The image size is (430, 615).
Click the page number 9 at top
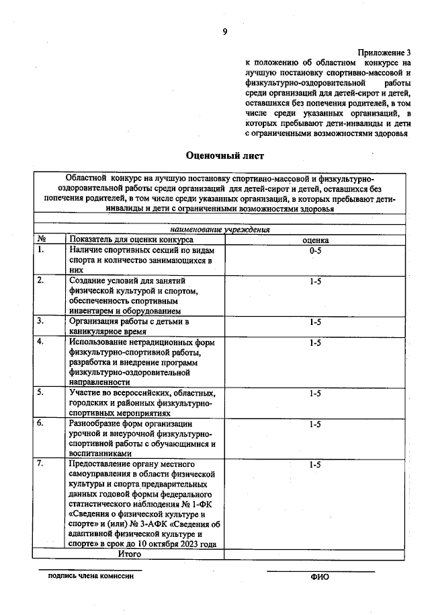point(225,32)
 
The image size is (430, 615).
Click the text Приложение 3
point(384,52)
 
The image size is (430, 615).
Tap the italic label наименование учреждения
point(220,229)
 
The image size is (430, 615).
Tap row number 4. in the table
point(41,342)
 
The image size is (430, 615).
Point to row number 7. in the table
point(41,464)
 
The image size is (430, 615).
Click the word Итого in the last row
point(129,554)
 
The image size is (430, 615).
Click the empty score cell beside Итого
point(315,554)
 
